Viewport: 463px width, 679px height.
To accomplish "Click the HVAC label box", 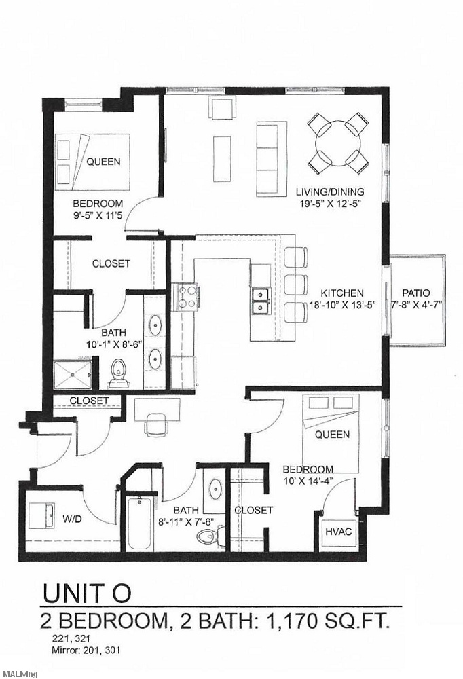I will (x=338, y=531).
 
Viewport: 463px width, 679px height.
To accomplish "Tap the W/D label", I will (x=73, y=519).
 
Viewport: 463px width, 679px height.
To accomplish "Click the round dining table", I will (x=338, y=143).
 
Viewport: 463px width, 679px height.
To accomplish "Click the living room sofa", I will (x=267, y=158).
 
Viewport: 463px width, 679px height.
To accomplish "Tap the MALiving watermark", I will (x=19, y=674).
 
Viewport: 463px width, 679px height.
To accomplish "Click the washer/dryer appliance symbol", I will (x=43, y=514).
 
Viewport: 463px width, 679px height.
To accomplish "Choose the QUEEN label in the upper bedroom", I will (x=103, y=162).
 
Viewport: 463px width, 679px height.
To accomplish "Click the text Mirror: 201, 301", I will (x=86, y=650).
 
